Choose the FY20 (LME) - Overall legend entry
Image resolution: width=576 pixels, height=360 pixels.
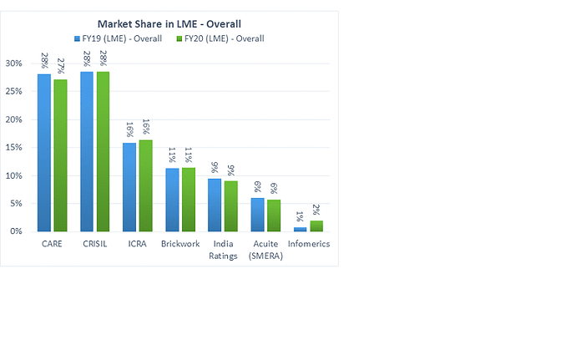[221, 38]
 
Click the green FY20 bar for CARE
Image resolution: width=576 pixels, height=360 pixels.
[60, 155]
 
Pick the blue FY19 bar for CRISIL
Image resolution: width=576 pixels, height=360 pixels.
[87, 151]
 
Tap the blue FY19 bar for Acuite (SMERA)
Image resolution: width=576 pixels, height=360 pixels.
[257, 215]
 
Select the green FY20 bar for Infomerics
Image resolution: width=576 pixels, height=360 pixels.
[316, 226]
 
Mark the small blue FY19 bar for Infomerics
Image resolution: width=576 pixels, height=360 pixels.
[300, 229]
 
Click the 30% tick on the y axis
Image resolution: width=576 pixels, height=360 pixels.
[13, 63]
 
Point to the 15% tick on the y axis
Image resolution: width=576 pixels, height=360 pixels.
[13, 148]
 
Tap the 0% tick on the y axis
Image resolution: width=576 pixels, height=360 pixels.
[16, 231]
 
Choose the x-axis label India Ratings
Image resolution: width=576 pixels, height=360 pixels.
[223, 250]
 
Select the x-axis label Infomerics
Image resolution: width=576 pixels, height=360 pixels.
[309, 245]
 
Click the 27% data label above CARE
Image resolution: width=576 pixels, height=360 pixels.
[61, 66]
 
